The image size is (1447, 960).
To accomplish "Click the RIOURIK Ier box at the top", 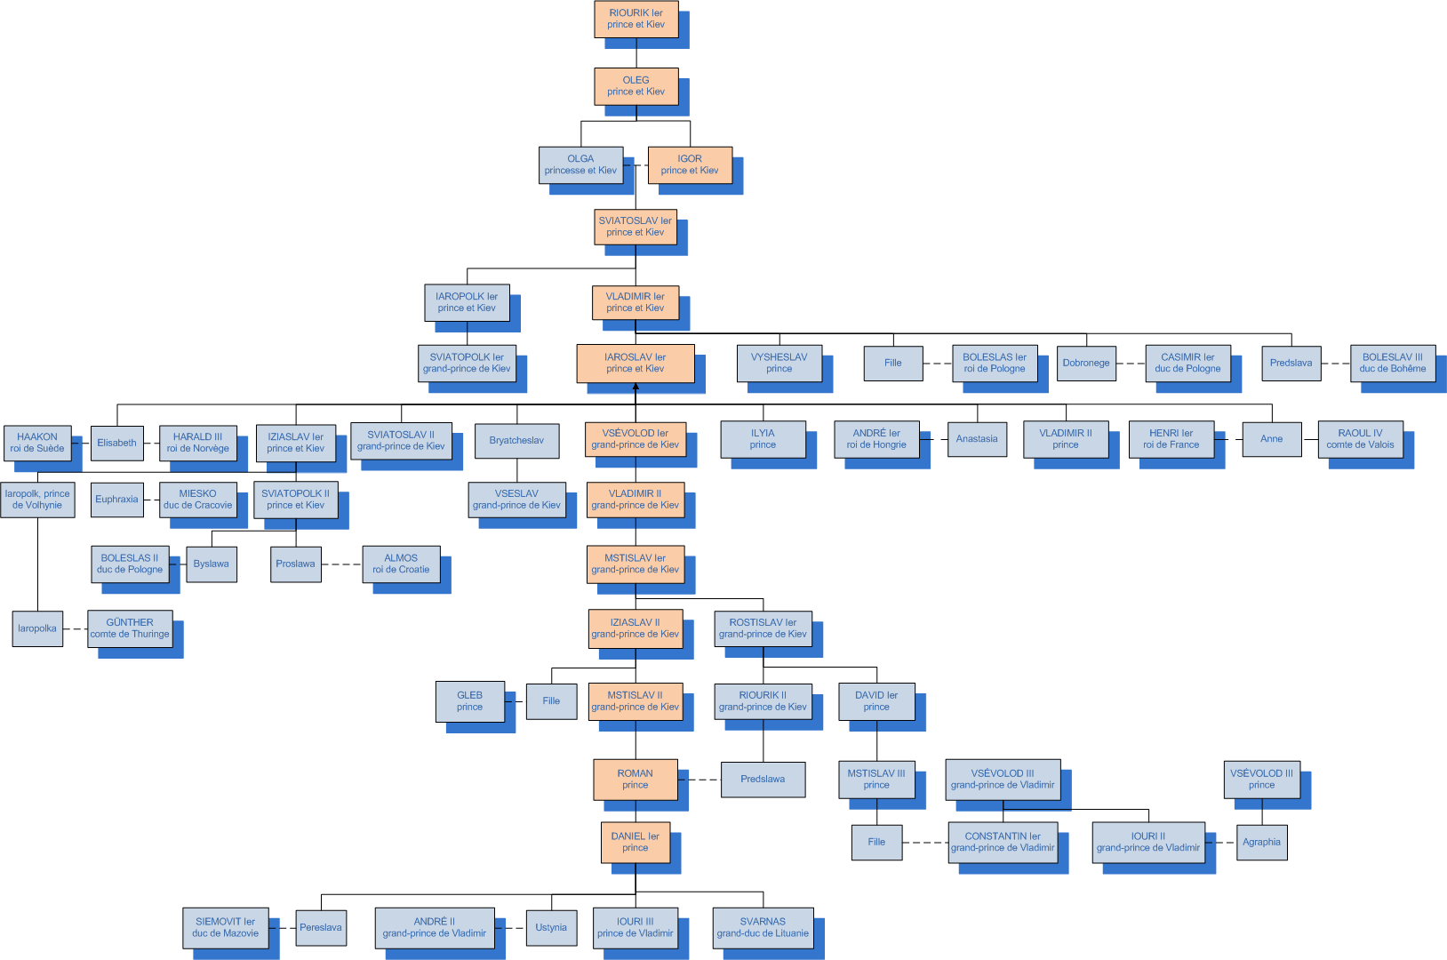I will coord(636,19).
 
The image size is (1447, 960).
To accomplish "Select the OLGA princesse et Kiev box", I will coord(580,164).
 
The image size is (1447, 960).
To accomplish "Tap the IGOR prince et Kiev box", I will coord(690,164).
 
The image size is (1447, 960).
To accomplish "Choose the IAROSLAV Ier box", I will coord(636,363).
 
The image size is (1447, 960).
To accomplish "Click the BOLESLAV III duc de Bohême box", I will coord(1392,363).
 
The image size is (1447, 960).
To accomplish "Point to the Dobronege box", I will coord(1086,363).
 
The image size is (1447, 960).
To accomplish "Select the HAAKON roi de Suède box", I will coord(37,443).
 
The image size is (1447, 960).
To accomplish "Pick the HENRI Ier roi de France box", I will coord(1171,439).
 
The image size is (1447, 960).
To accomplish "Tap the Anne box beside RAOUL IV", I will coord(1271,439).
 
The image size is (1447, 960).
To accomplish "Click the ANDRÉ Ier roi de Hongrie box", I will coord(876,439).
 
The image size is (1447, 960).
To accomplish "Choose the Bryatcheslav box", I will coord(516,441).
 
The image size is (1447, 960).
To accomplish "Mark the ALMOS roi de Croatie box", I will coord(401,564).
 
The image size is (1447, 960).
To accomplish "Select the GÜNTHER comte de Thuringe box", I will coord(130,628).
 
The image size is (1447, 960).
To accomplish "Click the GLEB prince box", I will coord(469,701).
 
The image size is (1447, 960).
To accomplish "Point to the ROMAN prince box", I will coord(635,779).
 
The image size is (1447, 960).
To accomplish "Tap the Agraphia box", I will coord(1261,842).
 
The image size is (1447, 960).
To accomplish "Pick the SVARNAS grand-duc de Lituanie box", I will coord(763,927).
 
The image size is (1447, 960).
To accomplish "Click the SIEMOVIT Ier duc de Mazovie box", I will coord(225,927).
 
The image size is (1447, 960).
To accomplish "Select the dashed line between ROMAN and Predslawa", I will coord(700,780).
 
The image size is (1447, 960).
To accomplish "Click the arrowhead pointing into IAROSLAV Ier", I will coord(636,388).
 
